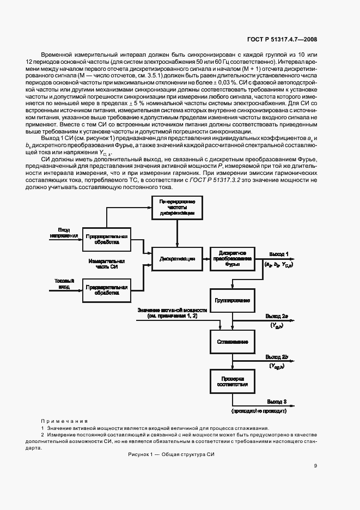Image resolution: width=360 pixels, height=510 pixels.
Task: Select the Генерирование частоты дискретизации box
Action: coord(177,207)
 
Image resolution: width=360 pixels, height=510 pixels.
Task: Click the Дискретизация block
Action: coord(177,259)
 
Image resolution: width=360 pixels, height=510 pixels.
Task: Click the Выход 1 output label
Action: coord(279,253)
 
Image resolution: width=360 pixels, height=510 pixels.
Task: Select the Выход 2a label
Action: coord(280,316)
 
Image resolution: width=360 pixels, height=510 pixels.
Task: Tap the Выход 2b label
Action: coord(280,356)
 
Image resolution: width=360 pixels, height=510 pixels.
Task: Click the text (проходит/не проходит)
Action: coord(259,410)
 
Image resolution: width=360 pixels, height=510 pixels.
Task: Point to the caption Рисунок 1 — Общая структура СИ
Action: coord(172,454)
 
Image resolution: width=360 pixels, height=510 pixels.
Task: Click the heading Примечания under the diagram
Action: coord(64,421)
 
